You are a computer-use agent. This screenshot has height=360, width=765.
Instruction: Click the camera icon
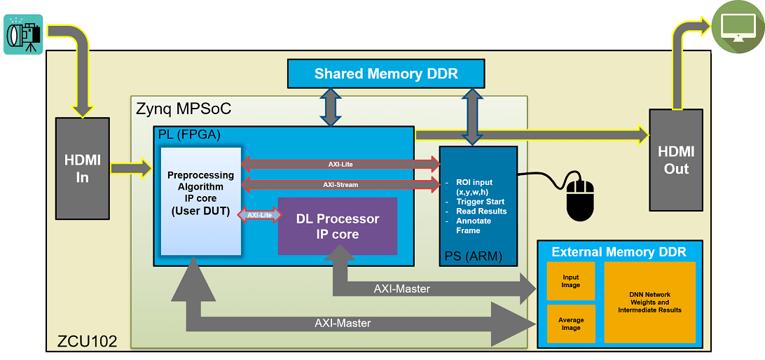coord(23,34)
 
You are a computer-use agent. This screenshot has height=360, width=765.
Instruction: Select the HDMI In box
coord(83,168)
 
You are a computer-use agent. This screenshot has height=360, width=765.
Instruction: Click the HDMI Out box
coord(676,160)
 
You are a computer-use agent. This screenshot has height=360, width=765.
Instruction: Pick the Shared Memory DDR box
coord(386,74)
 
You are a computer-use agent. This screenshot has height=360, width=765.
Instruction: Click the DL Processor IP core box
coord(338,226)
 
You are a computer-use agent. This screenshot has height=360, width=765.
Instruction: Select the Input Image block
coord(571,281)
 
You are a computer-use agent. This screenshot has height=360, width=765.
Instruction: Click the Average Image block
coord(571,324)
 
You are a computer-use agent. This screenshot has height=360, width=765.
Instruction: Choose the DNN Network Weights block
coord(650,302)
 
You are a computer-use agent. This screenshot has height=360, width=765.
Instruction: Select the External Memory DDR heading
coord(619,252)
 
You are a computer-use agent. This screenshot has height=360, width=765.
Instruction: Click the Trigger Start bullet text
coord(481,202)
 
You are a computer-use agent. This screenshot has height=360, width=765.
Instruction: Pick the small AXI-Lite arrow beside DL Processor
coord(259,214)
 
